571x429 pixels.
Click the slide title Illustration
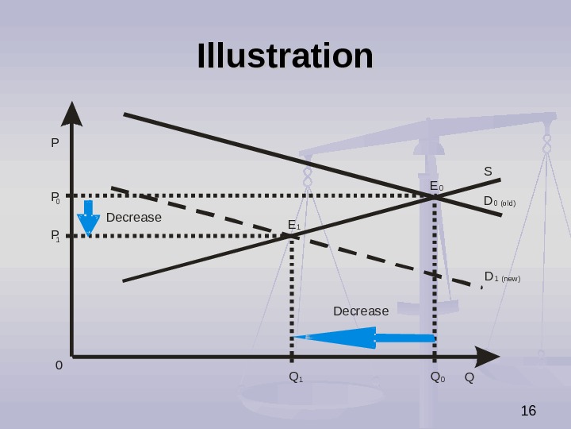coord(285,56)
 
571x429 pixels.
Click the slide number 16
coord(528,411)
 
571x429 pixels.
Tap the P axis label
coord(55,144)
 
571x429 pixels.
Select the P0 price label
coord(56,197)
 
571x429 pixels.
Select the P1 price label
coord(56,236)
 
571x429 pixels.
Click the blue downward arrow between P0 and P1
coord(88,218)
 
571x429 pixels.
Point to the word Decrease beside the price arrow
coord(133,218)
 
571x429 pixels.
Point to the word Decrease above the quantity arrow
coord(361,311)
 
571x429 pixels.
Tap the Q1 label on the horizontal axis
coord(296,377)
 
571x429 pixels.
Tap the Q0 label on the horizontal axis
coord(437,377)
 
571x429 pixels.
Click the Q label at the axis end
coord(469,377)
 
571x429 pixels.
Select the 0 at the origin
coord(59,366)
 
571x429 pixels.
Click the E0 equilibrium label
coord(436,187)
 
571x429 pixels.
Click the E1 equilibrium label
coord(293,226)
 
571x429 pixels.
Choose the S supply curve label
coord(488,171)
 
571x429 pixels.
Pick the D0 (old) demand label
coord(500,202)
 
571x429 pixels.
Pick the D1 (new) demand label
coord(502,277)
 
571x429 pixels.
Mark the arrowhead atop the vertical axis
coord(72,114)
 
